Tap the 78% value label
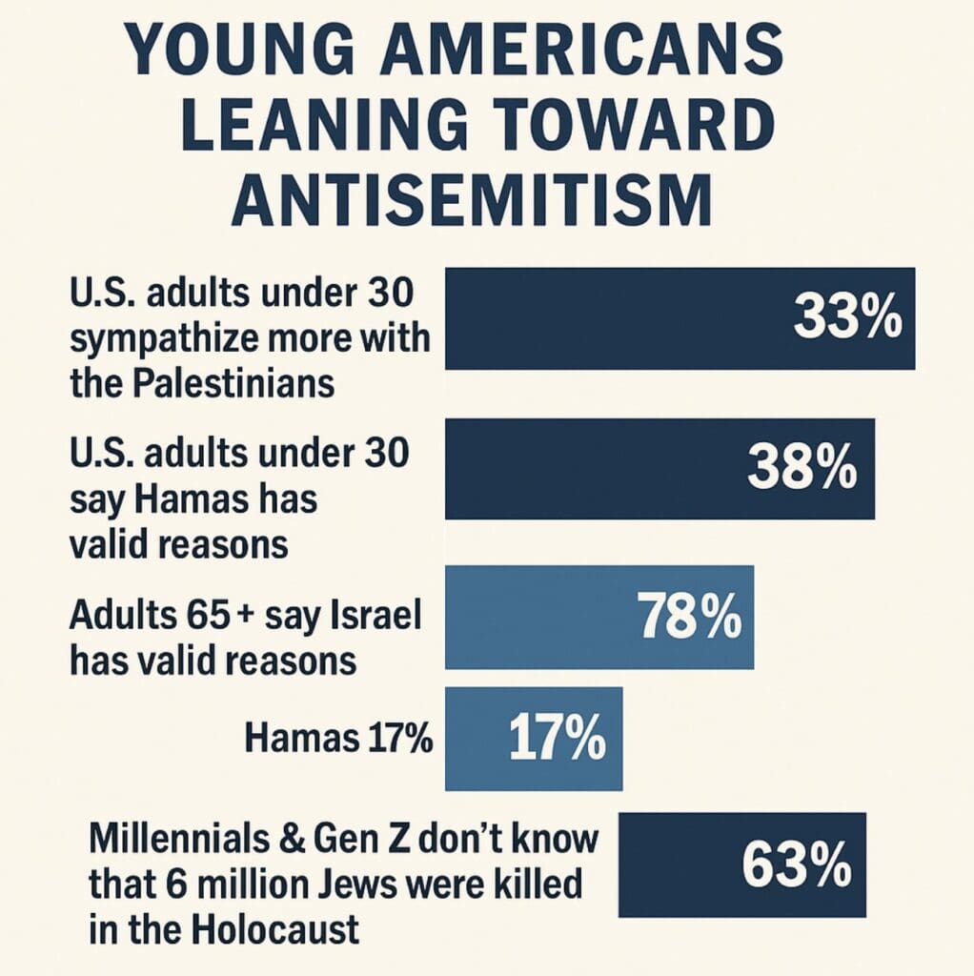coord(689,617)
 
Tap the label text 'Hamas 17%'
coord(338,737)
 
